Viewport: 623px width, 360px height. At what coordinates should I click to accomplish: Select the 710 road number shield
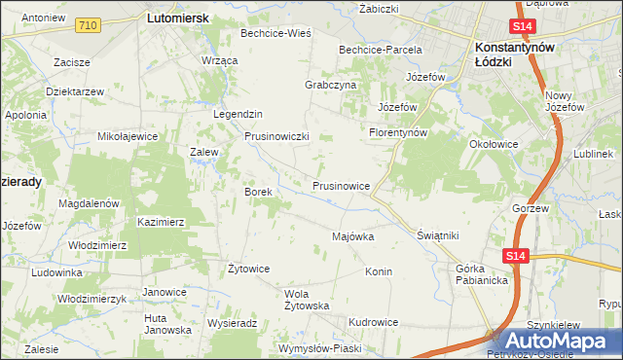click(88, 24)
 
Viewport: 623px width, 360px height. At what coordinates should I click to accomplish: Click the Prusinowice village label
click(341, 185)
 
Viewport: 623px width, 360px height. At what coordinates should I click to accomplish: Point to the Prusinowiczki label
click(276, 137)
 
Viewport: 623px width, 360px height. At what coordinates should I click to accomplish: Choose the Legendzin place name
click(238, 114)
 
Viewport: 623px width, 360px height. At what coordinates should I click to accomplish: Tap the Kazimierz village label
click(161, 222)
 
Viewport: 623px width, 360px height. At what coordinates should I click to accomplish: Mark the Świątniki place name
click(437, 235)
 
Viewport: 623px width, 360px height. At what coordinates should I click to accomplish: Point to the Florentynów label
click(398, 132)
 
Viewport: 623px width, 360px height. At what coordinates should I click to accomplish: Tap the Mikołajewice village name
click(128, 136)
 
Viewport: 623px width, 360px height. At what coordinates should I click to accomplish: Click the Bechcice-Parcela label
click(380, 50)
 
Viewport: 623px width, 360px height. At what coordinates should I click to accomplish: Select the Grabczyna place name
click(331, 85)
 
